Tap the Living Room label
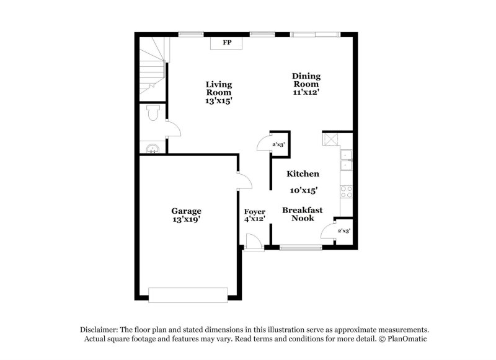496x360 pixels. (x=219, y=88)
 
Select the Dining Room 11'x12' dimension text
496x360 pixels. (x=306, y=92)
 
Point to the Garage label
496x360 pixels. (x=186, y=211)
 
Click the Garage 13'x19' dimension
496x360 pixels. (x=186, y=219)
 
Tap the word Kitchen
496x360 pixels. (x=303, y=174)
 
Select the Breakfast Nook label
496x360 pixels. (x=303, y=214)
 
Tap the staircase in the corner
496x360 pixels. (x=152, y=65)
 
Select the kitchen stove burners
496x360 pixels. (x=347, y=191)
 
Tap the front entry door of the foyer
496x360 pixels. (x=253, y=242)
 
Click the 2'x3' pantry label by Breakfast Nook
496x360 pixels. (x=343, y=231)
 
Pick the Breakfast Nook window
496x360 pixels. (x=301, y=248)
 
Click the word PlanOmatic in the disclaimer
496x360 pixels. (x=409, y=340)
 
